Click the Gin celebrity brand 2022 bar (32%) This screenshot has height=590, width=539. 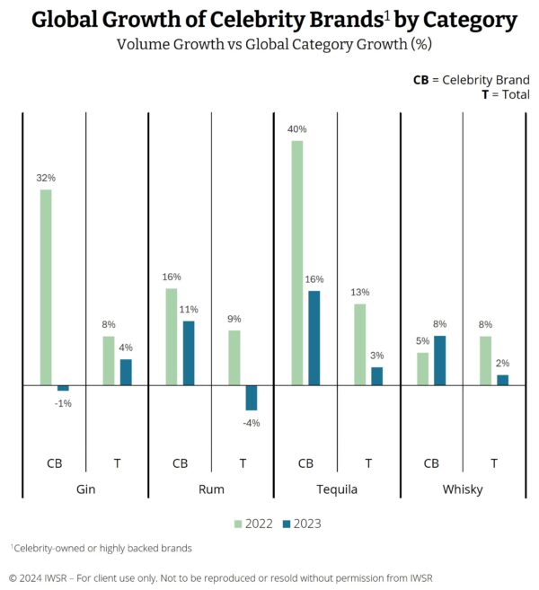[46, 287]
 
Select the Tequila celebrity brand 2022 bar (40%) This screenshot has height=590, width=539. [297, 262]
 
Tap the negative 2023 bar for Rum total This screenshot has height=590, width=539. [252, 397]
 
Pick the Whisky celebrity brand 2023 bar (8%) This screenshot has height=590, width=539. [440, 360]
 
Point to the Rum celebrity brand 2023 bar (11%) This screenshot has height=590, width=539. [189, 353]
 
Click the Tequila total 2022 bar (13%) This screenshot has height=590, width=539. [360, 344]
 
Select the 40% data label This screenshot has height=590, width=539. [297, 128]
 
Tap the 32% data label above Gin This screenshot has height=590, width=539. [46, 178]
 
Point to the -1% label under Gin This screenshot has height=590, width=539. [63, 403]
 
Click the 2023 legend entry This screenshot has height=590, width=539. [301, 524]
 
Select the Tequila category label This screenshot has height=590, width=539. [337, 489]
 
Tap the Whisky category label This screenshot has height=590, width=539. [463, 489]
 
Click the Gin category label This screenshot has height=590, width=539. [85, 489]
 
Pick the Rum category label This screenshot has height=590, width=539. [211, 489]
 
